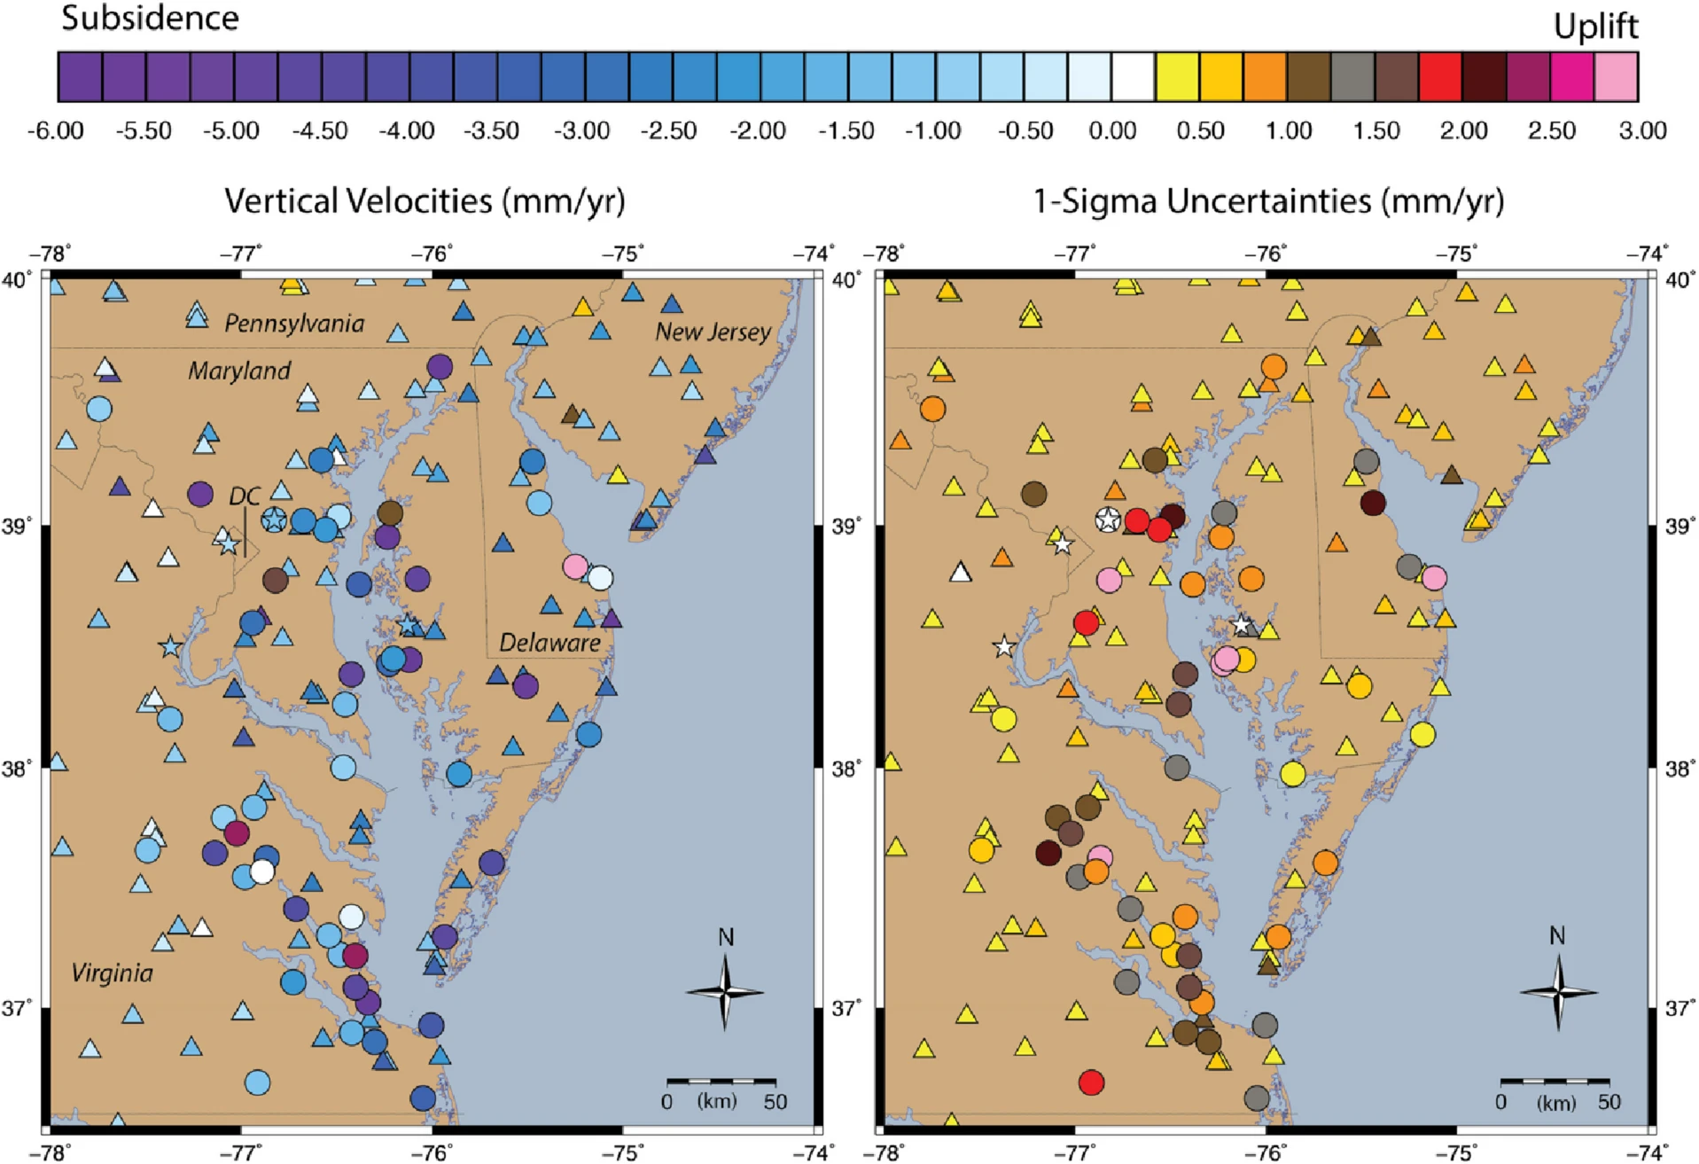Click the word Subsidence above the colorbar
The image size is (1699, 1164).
(x=150, y=19)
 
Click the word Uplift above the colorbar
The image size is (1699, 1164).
(x=1594, y=27)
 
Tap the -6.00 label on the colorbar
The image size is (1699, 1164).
(x=56, y=131)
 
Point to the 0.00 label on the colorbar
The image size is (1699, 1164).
(x=1112, y=131)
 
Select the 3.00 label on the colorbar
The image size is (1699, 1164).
(x=1642, y=131)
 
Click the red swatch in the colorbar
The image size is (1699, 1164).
(x=1440, y=77)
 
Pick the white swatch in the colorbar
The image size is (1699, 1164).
(x=1134, y=77)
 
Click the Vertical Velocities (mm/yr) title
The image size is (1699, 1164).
(x=425, y=201)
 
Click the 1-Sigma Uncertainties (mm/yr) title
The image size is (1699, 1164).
(x=1268, y=201)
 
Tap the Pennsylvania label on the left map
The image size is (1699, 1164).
(x=294, y=324)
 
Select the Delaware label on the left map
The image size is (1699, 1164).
(x=549, y=643)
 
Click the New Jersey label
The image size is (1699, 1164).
(x=713, y=332)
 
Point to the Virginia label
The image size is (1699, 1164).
(x=112, y=973)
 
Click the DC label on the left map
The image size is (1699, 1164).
(x=245, y=496)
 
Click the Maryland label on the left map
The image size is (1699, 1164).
(x=239, y=371)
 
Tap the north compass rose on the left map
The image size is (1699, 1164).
(x=725, y=991)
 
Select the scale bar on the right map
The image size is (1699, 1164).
(x=1555, y=1082)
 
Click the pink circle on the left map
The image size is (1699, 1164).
(x=575, y=566)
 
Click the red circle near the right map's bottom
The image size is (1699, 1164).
(x=1091, y=1082)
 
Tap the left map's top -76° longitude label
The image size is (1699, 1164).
(x=433, y=254)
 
